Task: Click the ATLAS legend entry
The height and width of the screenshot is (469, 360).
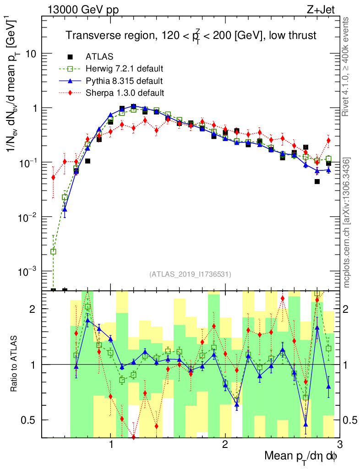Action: point(97,57)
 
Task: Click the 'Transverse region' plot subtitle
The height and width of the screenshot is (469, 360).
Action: point(191,35)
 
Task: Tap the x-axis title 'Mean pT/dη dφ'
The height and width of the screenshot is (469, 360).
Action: point(301,456)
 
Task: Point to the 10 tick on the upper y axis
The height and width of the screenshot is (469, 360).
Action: point(30,54)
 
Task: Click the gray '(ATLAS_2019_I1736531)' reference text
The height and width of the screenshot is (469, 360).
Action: point(190,274)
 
